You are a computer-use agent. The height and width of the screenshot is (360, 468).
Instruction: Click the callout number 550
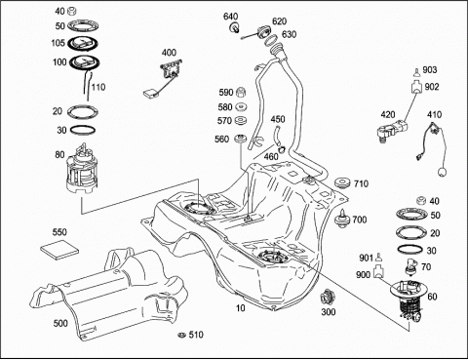pos(59,232)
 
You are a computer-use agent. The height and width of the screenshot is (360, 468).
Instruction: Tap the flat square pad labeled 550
pos(59,250)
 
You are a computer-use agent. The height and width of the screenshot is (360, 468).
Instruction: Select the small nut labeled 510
pos(181,335)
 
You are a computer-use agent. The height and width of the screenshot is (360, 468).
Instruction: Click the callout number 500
pos(60,323)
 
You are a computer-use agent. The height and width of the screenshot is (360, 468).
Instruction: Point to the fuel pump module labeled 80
pos(82,170)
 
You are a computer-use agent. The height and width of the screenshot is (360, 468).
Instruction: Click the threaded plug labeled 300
pos(326,297)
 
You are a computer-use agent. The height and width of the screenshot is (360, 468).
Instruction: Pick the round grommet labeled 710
pos(342,182)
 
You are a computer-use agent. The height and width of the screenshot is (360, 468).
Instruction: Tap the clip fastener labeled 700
pos(342,219)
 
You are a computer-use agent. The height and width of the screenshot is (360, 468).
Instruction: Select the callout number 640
pos(230,17)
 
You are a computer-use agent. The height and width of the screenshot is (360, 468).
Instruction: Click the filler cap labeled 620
pos(262,32)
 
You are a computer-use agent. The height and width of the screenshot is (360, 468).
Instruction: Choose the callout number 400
pos(169,53)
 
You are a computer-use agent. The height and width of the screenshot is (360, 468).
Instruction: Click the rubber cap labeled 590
pos(241,93)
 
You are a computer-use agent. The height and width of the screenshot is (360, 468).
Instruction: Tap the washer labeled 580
pos(241,106)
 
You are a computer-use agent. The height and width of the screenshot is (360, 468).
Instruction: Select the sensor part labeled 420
pos(392,131)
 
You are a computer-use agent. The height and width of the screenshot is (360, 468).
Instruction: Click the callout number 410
pos(435,114)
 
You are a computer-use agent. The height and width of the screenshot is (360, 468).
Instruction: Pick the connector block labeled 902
pos(415,88)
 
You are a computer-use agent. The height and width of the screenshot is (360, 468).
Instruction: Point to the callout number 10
pos(241,307)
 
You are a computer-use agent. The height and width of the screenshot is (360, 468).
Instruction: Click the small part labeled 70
pos(410,266)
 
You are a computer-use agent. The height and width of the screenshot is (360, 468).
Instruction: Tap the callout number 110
pos(98,87)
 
